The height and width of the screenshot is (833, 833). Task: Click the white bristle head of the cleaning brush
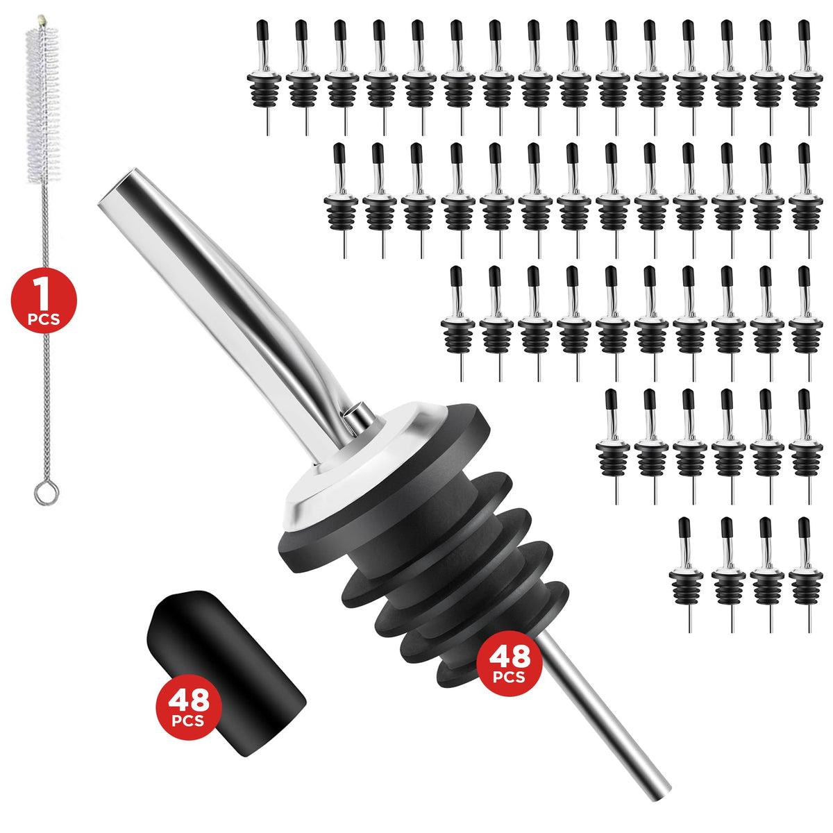(x=43, y=103)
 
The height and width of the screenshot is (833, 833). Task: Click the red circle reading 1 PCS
(x=44, y=300)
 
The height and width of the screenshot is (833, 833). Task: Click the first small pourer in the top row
(x=264, y=78)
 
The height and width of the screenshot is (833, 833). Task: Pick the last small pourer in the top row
(x=806, y=78)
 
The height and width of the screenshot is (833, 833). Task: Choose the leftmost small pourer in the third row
(x=458, y=323)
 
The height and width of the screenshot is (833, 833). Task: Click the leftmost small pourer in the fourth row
(x=613, y=446)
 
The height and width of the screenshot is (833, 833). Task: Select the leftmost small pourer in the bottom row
(x=687, y=575)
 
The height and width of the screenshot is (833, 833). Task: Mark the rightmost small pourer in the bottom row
(x=806, y=575)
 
